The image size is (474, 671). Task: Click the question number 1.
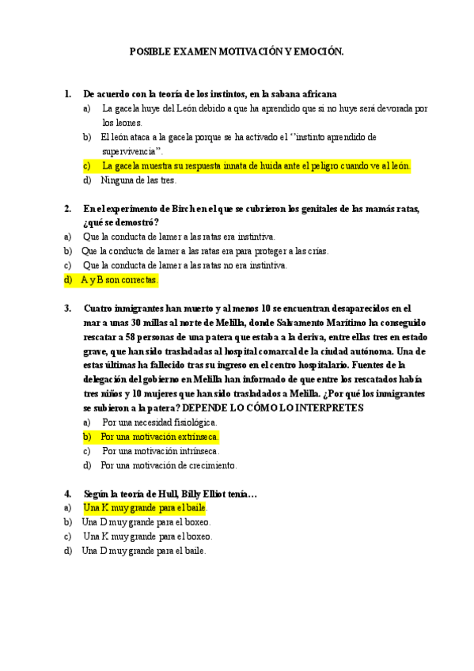tap(67, 93)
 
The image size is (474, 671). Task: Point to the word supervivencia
tap(131, 151)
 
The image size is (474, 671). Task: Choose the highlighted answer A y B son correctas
tap(119, 279)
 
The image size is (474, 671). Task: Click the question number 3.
tap(67, 309)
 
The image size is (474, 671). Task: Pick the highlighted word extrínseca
tap(191, 437)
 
